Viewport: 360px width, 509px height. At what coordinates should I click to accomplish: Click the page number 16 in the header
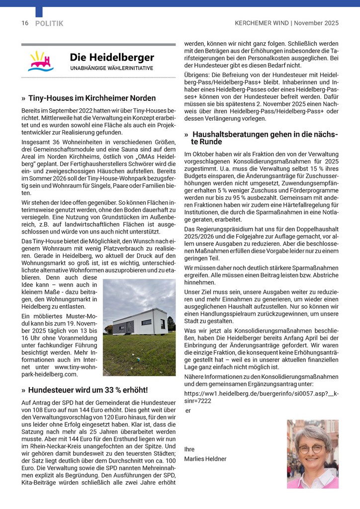click(25, 23)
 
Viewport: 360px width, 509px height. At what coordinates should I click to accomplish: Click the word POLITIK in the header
click(49, 23)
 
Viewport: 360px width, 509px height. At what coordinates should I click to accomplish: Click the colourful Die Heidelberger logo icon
click(42, 61)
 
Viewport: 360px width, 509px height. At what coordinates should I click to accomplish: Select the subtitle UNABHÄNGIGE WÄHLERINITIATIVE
click(111, 68)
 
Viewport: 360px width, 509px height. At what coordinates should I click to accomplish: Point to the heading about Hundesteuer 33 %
click(88, 390)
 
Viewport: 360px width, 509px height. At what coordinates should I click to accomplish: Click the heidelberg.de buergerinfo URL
click(261, 397)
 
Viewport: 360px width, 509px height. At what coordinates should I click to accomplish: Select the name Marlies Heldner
click(205, 459)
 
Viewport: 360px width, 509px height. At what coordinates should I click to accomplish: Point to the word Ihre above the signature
click(189, 449)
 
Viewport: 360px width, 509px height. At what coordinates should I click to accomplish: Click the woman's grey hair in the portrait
click(312, 432)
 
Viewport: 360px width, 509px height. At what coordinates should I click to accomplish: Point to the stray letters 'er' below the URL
click(188, 411)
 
